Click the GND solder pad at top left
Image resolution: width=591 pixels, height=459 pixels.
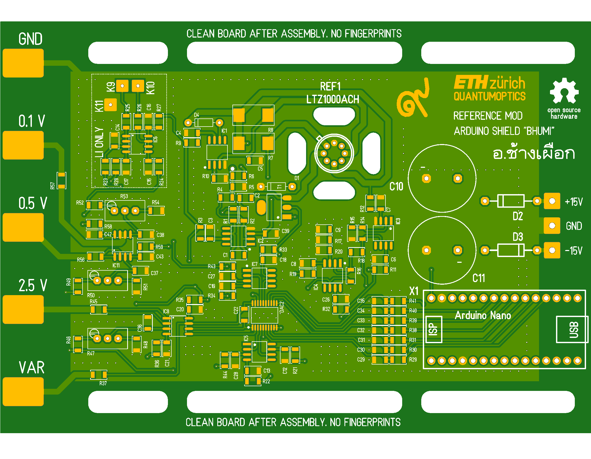click(x=23, y=63)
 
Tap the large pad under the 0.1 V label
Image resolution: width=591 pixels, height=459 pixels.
click(x=23, y=145)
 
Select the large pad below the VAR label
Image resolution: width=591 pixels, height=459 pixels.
click(x=23, y=391)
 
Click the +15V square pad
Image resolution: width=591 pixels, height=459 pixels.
click(x=552, y=201)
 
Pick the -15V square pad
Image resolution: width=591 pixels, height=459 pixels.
click(x=552, y=250)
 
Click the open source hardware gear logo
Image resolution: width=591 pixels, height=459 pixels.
click(x=564, y=91)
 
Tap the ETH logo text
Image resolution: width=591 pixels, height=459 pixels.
click(x=471, y=82)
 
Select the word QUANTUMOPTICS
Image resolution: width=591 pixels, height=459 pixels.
click(x=489, y=97)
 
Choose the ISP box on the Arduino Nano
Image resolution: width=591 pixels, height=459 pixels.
click(x=434, y=330)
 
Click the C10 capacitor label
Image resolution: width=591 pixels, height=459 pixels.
click(x=396, y=187)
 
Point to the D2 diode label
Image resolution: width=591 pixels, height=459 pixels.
click(x=518, y=216)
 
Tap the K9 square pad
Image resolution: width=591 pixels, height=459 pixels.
click(x=122, y=86)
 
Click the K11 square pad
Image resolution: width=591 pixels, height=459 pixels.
click(x=110, y=105)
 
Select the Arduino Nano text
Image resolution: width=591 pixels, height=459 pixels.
click(x=483, y=315)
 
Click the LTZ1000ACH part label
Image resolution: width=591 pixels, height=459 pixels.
click(x=332, y=99)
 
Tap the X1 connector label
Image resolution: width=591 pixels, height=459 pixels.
click(x=414, y=291)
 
